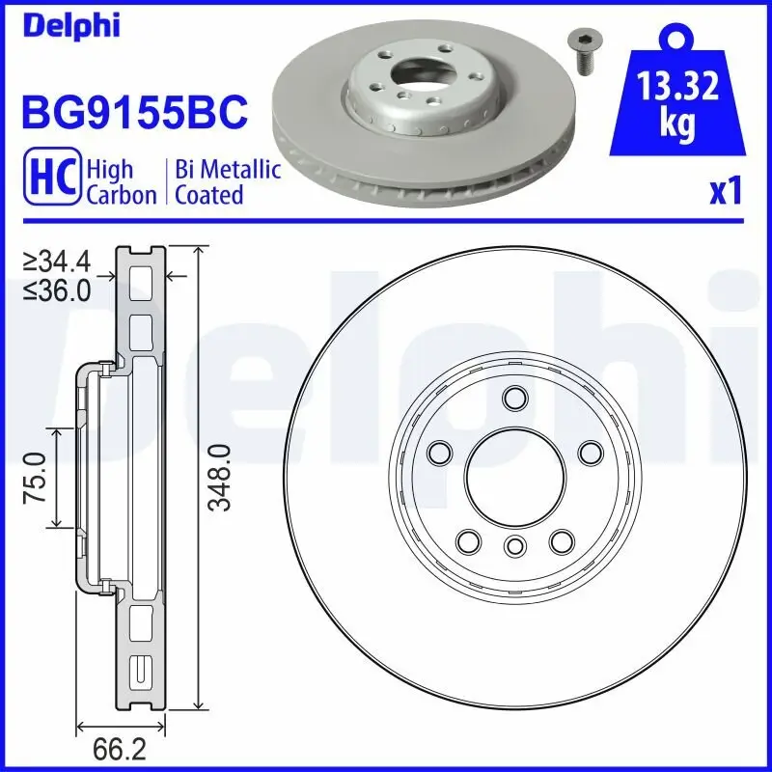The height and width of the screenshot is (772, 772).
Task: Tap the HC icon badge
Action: pyautogui.click(x=50, y=181)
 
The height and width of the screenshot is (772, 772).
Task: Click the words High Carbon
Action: pyautogui.click(x=121, y=181)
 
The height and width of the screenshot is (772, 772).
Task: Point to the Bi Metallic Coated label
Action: pyautogui.click(x=228, y=181)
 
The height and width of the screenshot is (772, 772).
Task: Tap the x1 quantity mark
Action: pyautogui.click(x=726, y=192)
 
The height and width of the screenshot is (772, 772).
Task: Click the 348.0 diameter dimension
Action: pyautogui.click(x=222, y=477)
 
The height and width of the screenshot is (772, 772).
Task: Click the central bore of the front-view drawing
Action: pyautogui.click(x=512, y=474)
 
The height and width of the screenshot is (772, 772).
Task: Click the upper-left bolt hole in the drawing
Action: pyautogui.click(x=441, y=451)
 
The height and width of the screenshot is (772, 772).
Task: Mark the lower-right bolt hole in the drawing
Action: pyautogui.click(x=559, y=541)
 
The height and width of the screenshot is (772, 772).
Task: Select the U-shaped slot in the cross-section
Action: pyautogui.click(x=141, y=669)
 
